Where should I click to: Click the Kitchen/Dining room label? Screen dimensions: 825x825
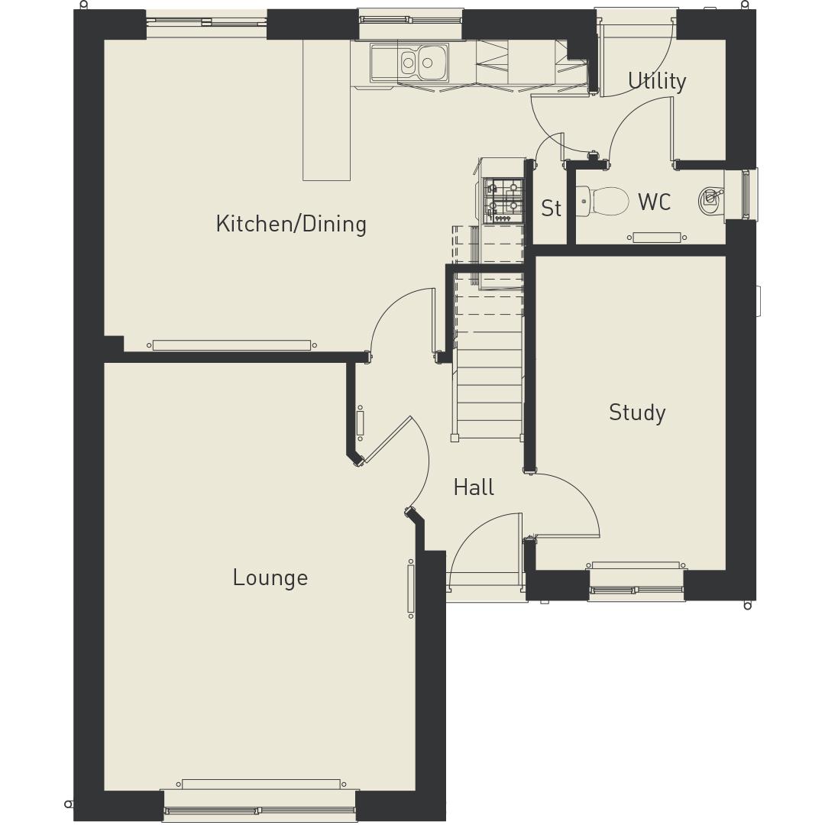click(291, 224)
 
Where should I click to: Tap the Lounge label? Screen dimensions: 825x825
click(270, 577)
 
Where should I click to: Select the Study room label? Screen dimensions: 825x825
click(637, 412)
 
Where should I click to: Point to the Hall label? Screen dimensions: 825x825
click(474, 487)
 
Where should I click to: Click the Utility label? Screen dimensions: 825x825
click(657, 81)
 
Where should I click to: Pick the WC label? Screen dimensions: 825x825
click(654, 202)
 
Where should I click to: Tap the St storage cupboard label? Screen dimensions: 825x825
click(551, 209)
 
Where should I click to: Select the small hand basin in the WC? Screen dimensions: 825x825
click(710, 199)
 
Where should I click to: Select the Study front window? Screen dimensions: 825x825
click(636, 588)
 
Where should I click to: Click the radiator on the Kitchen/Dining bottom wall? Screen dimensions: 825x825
click(231, 345)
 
